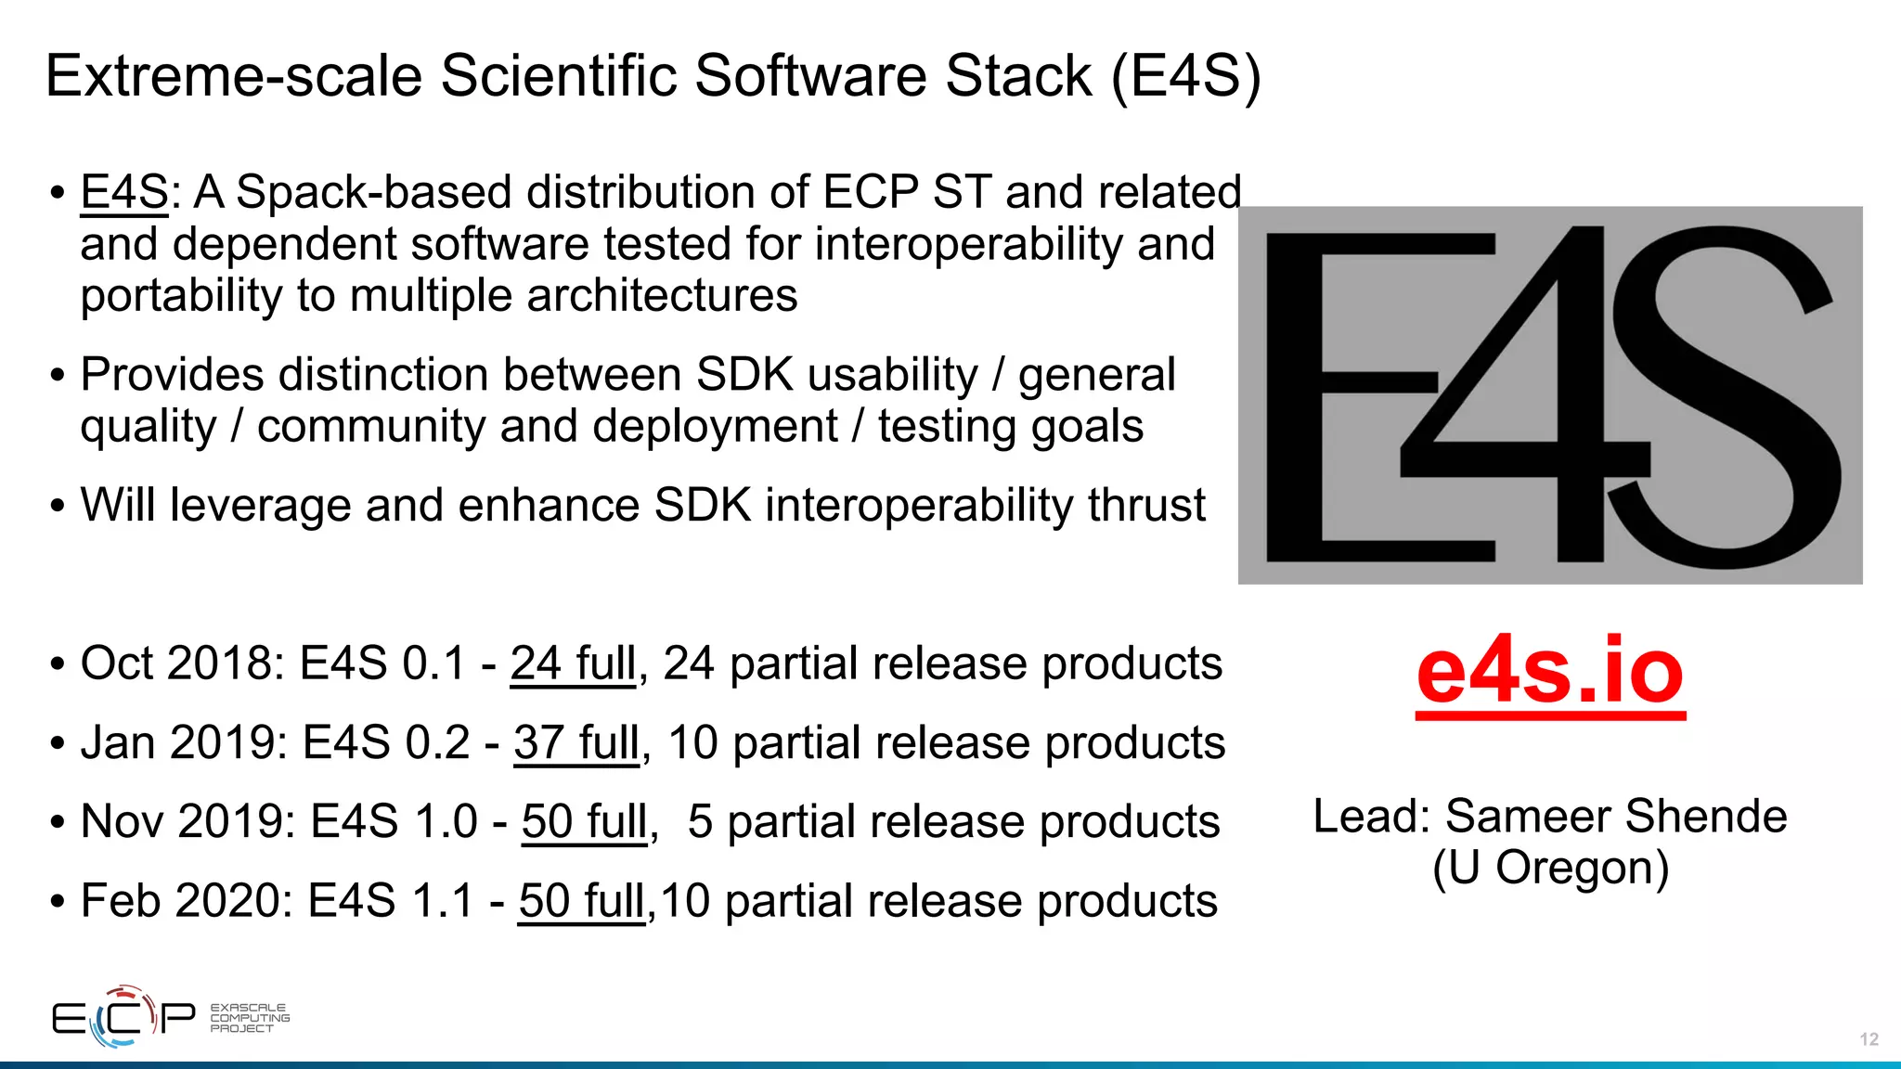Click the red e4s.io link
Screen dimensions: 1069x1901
click(x=1549, y=670)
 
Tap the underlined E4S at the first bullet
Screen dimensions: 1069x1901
click(x=124, y=193)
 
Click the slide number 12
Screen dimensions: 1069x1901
click(x=1869, y=1039)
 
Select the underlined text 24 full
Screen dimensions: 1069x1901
click(x=574, y=664)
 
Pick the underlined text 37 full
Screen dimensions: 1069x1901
click(x=576, y=743)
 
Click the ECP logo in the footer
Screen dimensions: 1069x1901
click(x=123, y=1017)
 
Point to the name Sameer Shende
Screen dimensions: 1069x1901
click(x=1615, y=817)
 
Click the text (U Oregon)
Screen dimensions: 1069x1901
click(x=1550, y=869)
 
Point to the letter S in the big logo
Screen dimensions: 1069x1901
click(x=1725, y=399)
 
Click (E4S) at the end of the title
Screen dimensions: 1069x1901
click(x=1185, y=76)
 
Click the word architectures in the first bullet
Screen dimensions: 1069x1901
click(x=662, y=296)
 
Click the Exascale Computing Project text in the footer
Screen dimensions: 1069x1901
click(x=249, y=1018)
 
